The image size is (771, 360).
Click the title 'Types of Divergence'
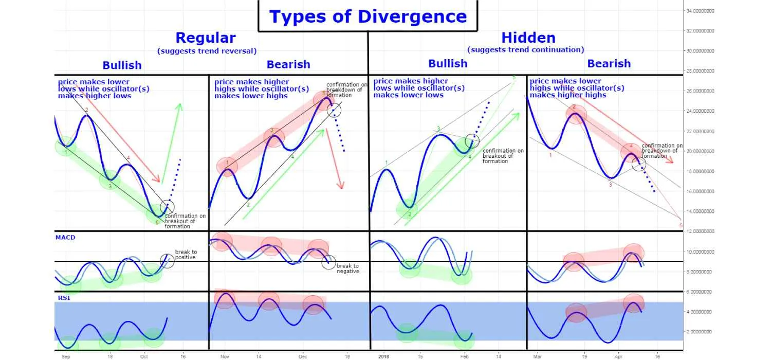pos(368,16)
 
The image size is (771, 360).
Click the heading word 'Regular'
pos(206,38)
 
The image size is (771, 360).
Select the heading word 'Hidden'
pos(528,38)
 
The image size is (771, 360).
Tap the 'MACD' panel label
pos(65,238)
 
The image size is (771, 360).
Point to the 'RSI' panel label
pos(64,298)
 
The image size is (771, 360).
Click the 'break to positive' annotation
pos(186,255)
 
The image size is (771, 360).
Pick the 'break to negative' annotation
pos(347,268)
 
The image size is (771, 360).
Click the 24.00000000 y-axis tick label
pos(700,111)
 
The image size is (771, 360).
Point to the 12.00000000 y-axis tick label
pos(700,231)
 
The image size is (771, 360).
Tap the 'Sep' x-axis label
pos(66,356)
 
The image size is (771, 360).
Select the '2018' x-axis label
pos(383,356)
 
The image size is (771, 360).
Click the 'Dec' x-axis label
pos(303,356)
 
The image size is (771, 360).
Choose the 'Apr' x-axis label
pos(618,356)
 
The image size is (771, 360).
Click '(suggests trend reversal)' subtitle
pos(207,51)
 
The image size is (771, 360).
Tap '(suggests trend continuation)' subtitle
pos(526,49)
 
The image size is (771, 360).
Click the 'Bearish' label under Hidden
pos(609,63)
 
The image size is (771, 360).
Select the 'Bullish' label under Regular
pos(122,65)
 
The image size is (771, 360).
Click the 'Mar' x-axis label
pos(537,356)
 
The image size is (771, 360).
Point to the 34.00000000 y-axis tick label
pos(700,11)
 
